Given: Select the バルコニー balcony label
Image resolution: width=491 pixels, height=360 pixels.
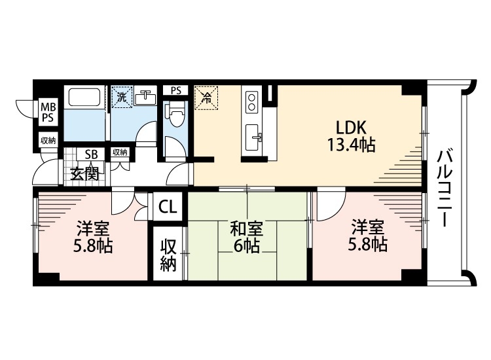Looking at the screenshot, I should click(x=446, y=187).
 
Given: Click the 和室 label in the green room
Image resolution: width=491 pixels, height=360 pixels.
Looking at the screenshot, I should click(x=246, y=229).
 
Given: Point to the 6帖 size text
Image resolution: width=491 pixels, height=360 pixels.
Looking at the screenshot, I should click(x=246, y=247).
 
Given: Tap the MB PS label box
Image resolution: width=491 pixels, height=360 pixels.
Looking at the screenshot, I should click(x=48, y=112).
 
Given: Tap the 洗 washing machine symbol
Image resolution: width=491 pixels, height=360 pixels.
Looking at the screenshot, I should click(x=121, y=98).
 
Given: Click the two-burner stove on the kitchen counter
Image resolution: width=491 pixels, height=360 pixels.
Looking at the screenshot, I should click(x=251, y=101).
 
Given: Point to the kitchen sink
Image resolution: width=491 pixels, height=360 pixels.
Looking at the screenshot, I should click(x=253, y=137).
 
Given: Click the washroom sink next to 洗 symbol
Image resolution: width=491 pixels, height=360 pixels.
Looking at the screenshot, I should click(x=145, y=98).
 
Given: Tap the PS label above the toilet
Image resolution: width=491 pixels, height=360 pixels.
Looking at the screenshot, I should click(x=175, y=91).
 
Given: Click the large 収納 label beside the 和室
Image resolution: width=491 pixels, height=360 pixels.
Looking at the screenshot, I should click(x=168, y=256).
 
